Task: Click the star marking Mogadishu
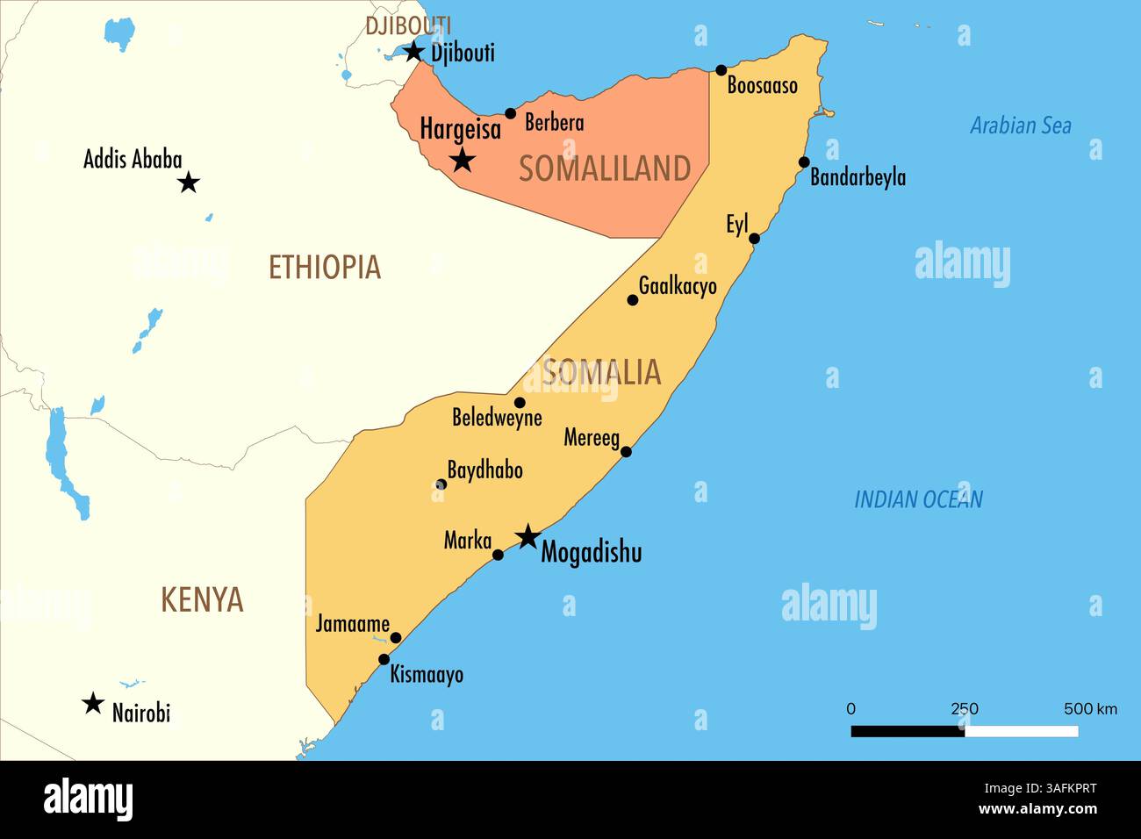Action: [527, 537]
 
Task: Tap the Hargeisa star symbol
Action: [463, 160]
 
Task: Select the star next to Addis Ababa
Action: [188, 183]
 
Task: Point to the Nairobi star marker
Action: [92, 703]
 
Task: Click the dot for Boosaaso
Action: [721, 70]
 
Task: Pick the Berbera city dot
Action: [511, 113]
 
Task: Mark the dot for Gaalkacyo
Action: [632, 300]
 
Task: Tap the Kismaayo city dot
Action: [384, 659]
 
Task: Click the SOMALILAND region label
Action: [604, 169]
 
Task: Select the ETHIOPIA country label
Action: [324, 267]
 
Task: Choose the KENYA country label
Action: [202, 600]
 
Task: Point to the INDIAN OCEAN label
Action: [918, 499]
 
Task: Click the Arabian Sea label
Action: [1020, 125]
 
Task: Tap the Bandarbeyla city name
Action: [858, 177]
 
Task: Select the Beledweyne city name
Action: [497, 418]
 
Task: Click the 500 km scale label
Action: [1090, 708]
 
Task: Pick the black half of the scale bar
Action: [908, 731]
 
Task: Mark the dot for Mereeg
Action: [626, 452]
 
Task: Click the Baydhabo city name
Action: [485, 470]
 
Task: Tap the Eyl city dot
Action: [754, 238]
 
